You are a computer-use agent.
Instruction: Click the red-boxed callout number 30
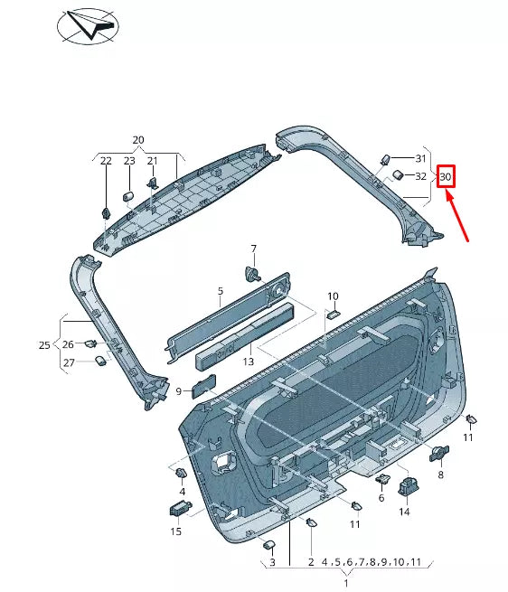point(445,176)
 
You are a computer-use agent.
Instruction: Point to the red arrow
point(459,219)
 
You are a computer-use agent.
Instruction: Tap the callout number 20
point(138,140)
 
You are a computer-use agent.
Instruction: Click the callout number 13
point(248,362)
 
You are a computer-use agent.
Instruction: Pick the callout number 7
point(253,249)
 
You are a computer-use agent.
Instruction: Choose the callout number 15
point(176,531)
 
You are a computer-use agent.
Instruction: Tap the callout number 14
point(404,512)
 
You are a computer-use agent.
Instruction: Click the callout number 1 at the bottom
point(345,584)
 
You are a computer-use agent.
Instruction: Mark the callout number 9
point(179,390)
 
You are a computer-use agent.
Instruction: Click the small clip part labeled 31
point(384,159)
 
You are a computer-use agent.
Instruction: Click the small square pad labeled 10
point(332,314)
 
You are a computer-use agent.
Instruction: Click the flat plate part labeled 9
point(204,386)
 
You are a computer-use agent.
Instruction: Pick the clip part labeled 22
point(106,213)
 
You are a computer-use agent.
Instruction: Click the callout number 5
point(220,292)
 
